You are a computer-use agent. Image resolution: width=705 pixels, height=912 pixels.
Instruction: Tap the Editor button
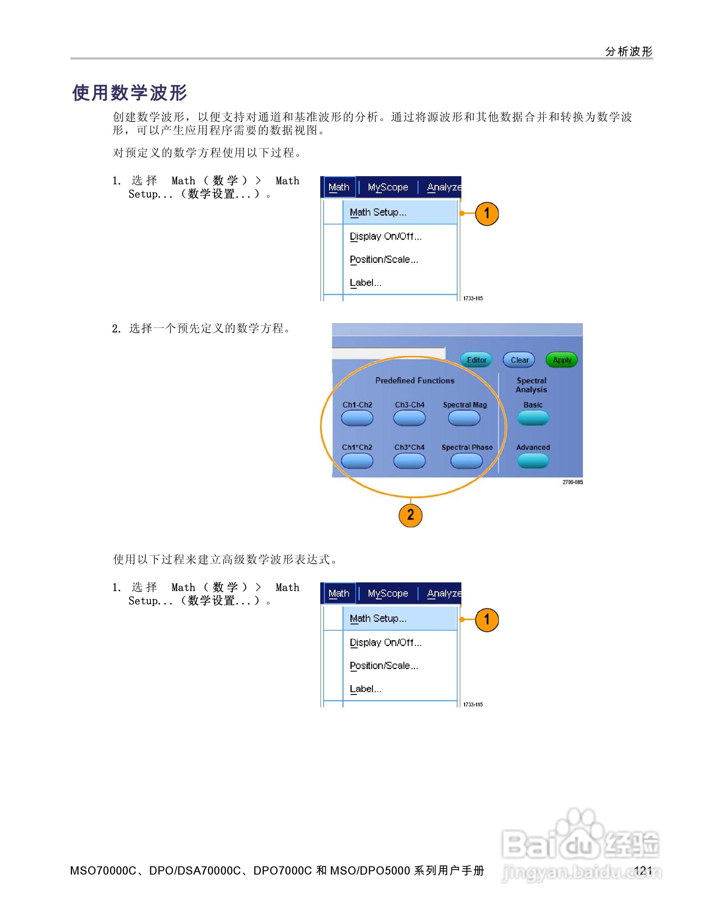(477, 360)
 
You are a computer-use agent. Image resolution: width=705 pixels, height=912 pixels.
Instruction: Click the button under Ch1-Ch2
(357, 418)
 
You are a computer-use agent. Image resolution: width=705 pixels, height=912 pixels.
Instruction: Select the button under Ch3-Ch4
(409, 418)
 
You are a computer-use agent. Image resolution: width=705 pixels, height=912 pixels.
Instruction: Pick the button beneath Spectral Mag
(464, 418)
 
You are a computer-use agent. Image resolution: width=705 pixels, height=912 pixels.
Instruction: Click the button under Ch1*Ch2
(357, 461)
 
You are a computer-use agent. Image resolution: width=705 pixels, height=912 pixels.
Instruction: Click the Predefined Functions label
(415, 380)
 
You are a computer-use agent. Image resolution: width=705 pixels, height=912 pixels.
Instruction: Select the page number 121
(643, 870)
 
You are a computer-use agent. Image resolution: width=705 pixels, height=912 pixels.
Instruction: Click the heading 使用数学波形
(130, 93)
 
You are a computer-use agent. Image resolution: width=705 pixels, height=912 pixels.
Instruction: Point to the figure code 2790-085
(573, 482)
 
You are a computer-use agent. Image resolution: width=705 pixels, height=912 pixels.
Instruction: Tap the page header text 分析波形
(629, 51)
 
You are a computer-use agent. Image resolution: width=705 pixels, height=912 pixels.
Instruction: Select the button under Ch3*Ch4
(409, 461)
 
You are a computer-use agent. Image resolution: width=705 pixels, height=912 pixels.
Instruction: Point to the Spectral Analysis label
(531, 385)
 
